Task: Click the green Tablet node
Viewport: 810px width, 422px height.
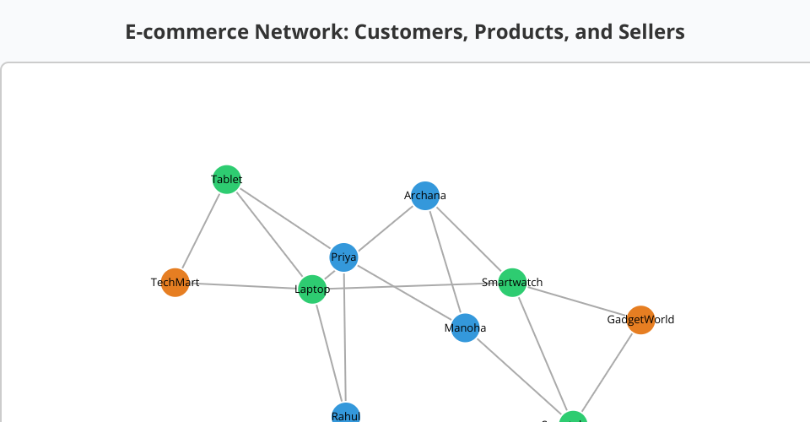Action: (x=226, y=179)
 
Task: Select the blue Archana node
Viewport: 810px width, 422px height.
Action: (x=425, y=196)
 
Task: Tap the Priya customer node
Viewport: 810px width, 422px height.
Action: (x=343, y=257)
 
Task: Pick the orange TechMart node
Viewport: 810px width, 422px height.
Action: (x=175, y=283)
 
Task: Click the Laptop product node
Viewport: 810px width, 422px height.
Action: (x=312, y=289)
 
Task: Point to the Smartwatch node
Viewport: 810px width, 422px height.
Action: (x=512, y=283)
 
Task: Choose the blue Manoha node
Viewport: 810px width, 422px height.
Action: (x=465, y=327)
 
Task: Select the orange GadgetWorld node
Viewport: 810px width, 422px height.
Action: (x=640, y=320)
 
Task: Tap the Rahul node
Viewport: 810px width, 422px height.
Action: (x=346, y=414)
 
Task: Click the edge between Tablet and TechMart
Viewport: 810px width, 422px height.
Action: (x=201, y=230)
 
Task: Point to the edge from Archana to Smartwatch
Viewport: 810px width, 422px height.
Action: (x=468, y=239)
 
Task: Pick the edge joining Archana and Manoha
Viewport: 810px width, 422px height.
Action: (x=445, y=262)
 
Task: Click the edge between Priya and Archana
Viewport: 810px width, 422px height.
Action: (x=384, y=227)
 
